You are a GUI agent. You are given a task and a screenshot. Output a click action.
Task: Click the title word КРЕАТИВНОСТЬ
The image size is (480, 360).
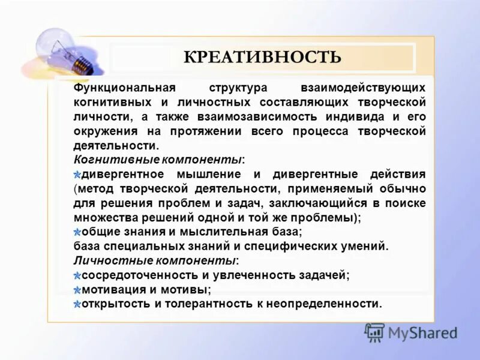262,57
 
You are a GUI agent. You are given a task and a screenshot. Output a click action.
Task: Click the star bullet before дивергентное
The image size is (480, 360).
77,175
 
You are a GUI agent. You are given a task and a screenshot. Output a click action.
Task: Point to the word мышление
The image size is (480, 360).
208,174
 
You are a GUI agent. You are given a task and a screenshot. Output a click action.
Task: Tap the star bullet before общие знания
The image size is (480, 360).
77,232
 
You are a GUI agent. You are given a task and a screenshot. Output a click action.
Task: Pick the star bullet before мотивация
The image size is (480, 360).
77,290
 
